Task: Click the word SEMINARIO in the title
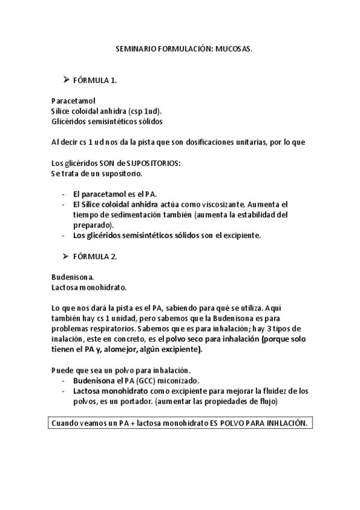click(x=134, y=52)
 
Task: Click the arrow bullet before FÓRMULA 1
click(x=67, y=80)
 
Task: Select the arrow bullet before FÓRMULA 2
click(x=67, y=256)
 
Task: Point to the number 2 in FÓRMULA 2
click(x=114, y=257)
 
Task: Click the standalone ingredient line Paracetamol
click(x=73, y=101)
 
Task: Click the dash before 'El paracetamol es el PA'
click(x=64, y=194)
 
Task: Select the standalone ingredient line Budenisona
click(x=73, y=278)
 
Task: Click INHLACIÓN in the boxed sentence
click(x=282, y=423)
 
